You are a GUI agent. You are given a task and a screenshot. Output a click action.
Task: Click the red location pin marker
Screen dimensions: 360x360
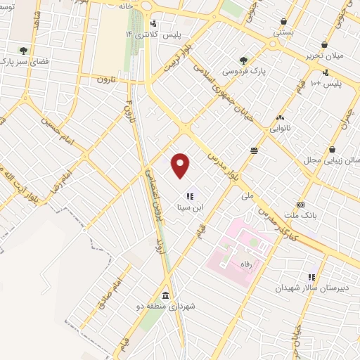pos(181,165)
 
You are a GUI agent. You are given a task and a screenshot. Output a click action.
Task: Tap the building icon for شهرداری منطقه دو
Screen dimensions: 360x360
pos(165,295)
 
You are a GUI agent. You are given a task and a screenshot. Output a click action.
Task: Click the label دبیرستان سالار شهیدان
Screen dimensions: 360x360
pos(311,289)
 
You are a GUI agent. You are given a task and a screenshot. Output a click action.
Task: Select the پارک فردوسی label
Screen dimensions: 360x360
pos(243,72)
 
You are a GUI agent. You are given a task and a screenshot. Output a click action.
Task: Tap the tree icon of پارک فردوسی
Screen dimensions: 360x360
pos(243,60)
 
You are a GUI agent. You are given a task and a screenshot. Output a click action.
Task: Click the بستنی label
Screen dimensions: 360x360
pos(283,32)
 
